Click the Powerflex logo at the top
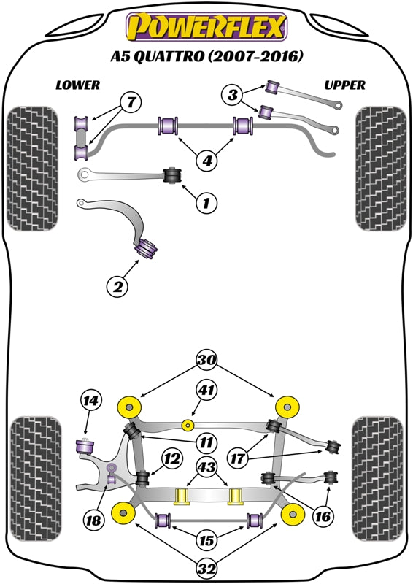tap(206, 28)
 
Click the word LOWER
tap(77, 85)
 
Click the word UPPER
tap(344, 85)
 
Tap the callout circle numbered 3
tap(233, 94)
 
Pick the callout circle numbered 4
tap(207, 160)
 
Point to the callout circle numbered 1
tap(206, 204)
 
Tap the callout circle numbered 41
tap(207, 391)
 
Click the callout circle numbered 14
tap(90, 401)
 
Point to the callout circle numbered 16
tap(323, 516)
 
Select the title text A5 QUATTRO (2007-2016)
tap(206, 57)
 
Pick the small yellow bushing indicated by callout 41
tap(189, 425)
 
